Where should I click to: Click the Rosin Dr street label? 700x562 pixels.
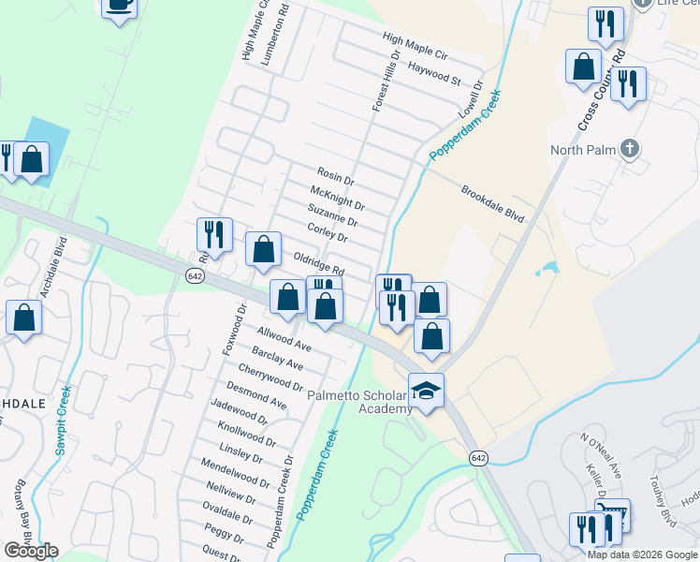336,175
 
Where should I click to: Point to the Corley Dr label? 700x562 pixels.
328,232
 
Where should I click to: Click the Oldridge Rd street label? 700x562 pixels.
319,261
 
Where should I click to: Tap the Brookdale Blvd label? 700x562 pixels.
492,203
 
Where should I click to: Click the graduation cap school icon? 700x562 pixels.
426,391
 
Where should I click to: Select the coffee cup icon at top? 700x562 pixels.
119,6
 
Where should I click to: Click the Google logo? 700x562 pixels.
30,551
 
